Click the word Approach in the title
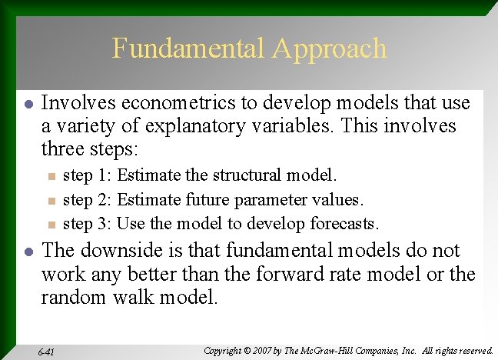[x=328, y=49]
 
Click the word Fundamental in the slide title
[x=188, y=48]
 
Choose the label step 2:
[x=88, y=200]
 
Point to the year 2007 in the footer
[x=271, y=350]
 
